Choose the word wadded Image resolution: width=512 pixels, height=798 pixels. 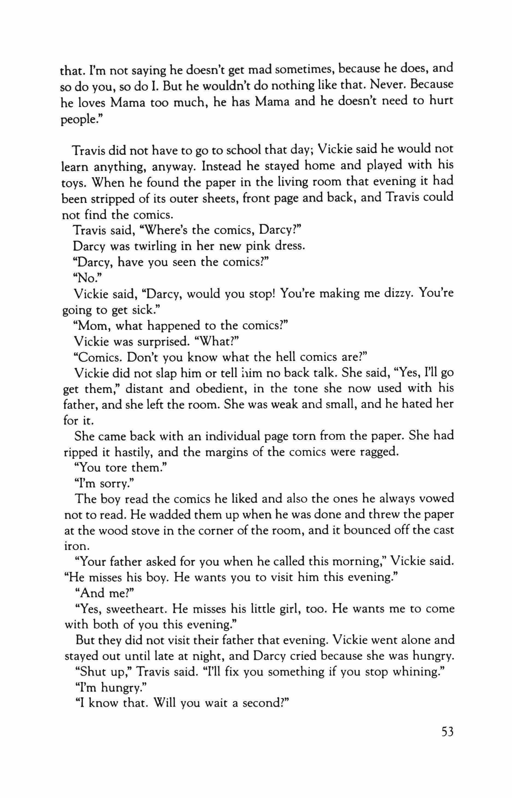(x=162, y=515)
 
